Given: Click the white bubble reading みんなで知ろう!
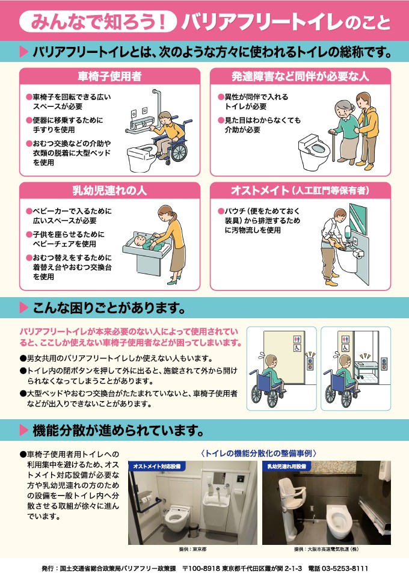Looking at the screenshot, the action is tap(98, 21).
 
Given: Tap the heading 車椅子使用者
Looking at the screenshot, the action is tap(109, 76).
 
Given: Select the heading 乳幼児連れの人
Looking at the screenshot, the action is tap(109, 191).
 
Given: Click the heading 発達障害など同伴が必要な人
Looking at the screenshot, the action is tap(301, 76).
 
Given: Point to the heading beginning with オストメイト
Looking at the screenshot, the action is tap(301, 191).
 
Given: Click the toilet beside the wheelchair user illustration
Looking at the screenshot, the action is tap(143, 158).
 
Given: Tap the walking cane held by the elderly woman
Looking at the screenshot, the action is tap(333, 146).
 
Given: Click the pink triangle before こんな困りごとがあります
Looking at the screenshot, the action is tap(23, 307).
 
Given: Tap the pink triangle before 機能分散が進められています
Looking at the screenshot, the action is tap(23, 430).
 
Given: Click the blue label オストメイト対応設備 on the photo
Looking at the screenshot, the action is tap(157, 466).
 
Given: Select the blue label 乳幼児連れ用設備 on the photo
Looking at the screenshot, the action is tap(287, 466).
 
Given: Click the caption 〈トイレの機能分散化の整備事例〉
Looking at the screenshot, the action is tap(259, 453).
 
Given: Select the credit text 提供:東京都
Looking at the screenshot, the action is tap(192, 549).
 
